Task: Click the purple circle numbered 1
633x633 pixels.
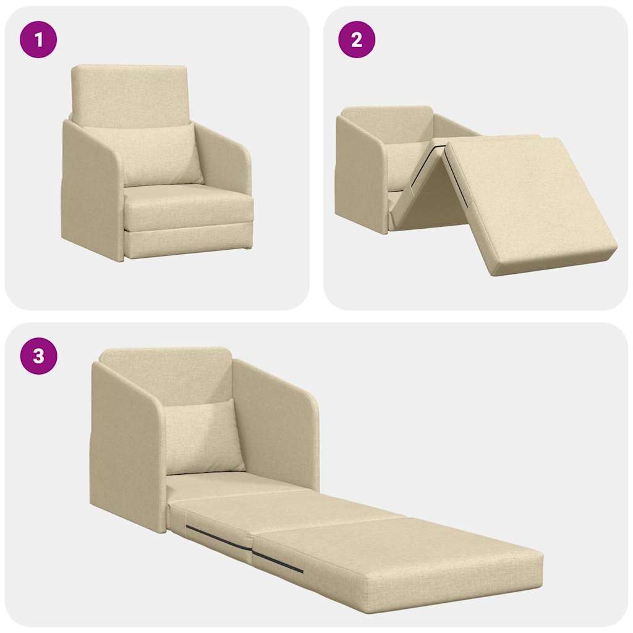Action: click(x=38, y=40)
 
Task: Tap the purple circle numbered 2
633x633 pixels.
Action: click(x=356, y=40)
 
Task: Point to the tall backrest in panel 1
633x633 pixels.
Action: click(x=129, y=93)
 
